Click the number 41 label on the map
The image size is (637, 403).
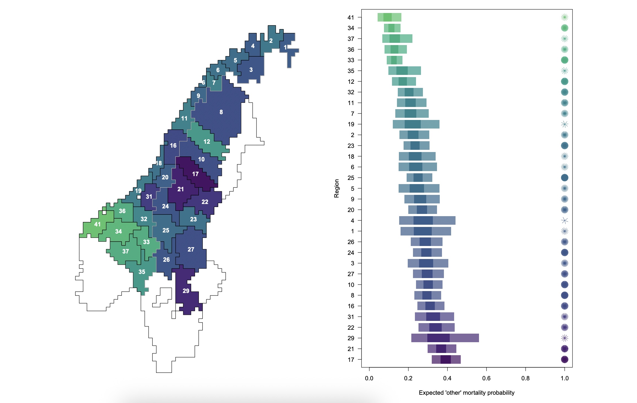[97, 224]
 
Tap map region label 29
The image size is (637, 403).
[186, 291]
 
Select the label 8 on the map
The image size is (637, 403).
[221, 112]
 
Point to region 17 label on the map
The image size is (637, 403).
[195, 174]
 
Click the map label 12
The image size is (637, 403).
[207, 142]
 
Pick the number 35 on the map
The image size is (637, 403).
[142, 272]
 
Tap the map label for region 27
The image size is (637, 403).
[191, 249]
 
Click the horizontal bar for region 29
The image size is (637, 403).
[445, 338]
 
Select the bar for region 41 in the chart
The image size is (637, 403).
[389, 17]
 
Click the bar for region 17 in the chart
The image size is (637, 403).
[446, 359]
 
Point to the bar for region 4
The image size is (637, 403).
[427, 220]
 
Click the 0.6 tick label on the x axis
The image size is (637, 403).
[486, 378]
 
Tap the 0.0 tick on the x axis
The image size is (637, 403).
[369, 378]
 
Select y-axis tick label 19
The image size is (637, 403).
[351, 124]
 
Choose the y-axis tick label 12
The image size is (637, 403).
[351, 82]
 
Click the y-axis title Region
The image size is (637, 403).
[336, 188]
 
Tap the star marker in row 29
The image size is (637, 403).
[564, 338]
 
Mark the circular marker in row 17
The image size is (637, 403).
[564, 359]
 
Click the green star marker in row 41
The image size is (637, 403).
[564, 17]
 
